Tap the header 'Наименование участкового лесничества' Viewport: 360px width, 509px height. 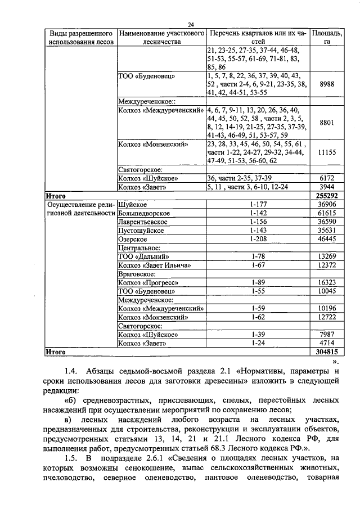point(162,37)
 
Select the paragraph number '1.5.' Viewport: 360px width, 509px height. point(72,459)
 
